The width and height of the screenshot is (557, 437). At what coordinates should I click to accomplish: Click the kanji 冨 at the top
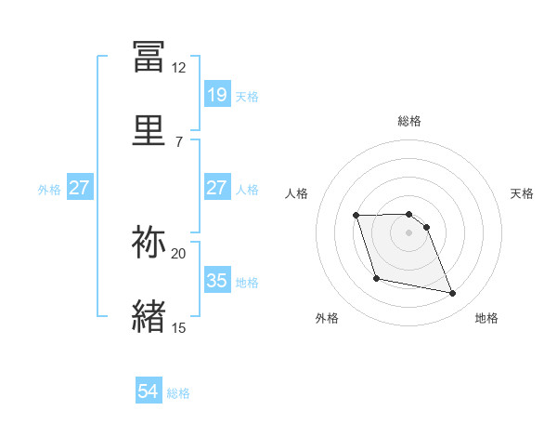149,57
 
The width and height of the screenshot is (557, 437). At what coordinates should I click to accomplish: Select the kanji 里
149,129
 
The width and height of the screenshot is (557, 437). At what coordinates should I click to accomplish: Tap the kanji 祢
149,242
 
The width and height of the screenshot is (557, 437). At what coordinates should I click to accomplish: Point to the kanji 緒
149,316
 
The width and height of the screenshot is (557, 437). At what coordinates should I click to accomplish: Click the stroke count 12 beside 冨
179,68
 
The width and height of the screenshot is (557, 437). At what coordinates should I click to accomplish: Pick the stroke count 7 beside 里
179,141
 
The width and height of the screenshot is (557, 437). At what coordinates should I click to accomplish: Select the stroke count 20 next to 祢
179,253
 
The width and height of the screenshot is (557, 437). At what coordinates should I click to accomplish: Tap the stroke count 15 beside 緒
179,327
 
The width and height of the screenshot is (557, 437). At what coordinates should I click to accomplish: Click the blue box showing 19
217,94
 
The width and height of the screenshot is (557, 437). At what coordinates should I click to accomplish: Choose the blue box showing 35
217,281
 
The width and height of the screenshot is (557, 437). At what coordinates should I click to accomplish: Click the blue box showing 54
149,391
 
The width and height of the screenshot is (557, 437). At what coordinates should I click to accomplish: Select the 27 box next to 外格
80,188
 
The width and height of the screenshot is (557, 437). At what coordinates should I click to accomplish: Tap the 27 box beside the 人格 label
217,188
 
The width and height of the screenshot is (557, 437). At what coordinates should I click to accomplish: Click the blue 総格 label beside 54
178,393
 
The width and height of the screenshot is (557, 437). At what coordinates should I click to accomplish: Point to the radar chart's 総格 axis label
409,121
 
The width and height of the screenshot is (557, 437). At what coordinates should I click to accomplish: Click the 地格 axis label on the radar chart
486,319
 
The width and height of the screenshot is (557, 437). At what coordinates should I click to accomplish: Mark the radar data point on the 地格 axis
453,294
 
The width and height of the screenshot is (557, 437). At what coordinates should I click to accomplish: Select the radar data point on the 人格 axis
356,216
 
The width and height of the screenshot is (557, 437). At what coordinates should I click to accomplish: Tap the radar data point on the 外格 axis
376,278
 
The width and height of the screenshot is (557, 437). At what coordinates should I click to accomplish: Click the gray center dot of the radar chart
409,232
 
